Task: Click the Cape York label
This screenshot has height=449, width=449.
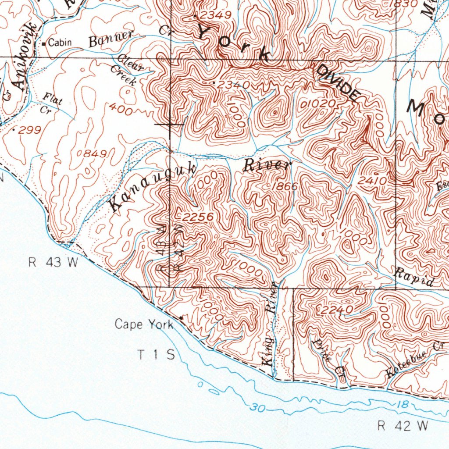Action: (x=144, y=324)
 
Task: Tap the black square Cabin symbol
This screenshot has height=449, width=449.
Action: (x=44, y=43)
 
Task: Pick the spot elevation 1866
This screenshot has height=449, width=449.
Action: (x=285, y=186)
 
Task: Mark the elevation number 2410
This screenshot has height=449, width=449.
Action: (x=372, y=180)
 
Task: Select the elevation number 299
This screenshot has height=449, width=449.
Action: (x=29, y=130)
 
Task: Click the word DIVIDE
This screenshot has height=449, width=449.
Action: (x=337, y=82)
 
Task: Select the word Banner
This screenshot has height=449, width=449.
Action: (x=111, y=41)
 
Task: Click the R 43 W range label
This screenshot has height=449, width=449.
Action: (x=53, y=263)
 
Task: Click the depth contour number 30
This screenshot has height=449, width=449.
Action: (x=258, y=408)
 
